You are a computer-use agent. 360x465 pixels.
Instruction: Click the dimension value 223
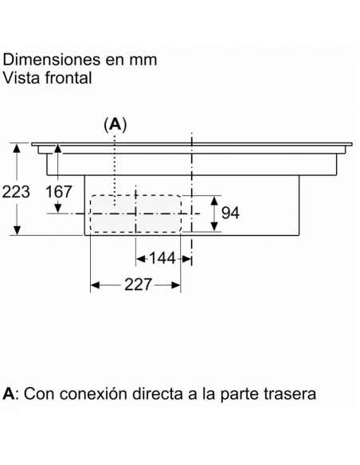(x=16, y=192)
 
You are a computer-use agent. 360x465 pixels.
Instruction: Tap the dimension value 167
(x=59, y=192)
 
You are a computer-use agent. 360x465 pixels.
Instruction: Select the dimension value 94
(x=230, y=213)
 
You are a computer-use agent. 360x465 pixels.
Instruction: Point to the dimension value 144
(x=162, y=258)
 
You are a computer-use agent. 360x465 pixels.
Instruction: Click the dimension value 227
(x=139, y=284)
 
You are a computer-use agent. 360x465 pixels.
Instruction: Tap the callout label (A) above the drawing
(x=115, y=124)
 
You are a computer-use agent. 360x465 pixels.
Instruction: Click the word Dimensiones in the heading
(x=52, y=59)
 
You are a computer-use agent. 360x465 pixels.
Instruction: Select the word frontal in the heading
(x=68, y=78)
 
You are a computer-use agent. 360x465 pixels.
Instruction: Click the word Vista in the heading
(x=22, y=78)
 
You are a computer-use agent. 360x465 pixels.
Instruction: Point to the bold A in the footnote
(x=8, y=394)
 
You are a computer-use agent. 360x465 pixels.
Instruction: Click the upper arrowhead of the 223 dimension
(x=18, y=148)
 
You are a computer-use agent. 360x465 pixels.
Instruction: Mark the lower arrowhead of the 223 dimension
(x=18, y=230)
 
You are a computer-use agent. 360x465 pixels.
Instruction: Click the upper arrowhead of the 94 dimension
(x=214, y=201)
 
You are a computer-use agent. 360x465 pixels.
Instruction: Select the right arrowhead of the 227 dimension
(x=175, y=285)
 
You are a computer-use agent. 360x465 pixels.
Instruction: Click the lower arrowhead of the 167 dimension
(x=58, y=208)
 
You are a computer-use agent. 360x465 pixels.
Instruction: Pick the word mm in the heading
(x=143, y=60)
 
